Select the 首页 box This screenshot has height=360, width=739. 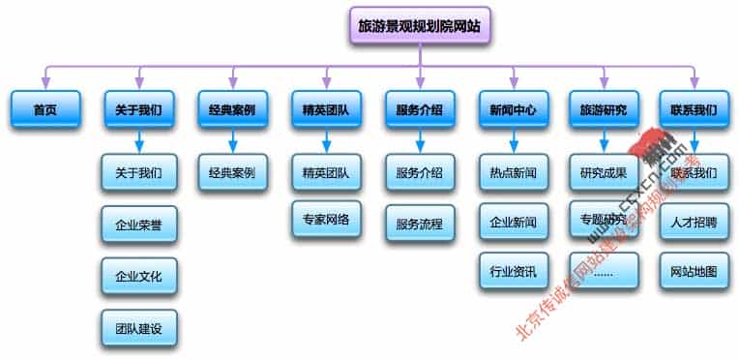(44, 110)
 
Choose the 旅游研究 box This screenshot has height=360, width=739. (604, 110)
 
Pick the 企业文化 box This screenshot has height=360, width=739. (138, 276)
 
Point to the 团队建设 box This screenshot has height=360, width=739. (138, 328)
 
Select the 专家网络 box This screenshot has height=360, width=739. (326, 220)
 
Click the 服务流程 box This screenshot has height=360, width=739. (419, 224)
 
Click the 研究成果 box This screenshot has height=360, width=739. (604, 174)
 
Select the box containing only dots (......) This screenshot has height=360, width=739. (604, 271)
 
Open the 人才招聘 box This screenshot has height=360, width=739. (694, 222)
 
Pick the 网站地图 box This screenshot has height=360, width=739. (694, 271)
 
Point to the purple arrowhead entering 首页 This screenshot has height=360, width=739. (44, 83)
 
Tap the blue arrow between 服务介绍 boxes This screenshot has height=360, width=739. (419, 142)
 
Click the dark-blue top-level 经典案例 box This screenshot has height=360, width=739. (232, 110)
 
